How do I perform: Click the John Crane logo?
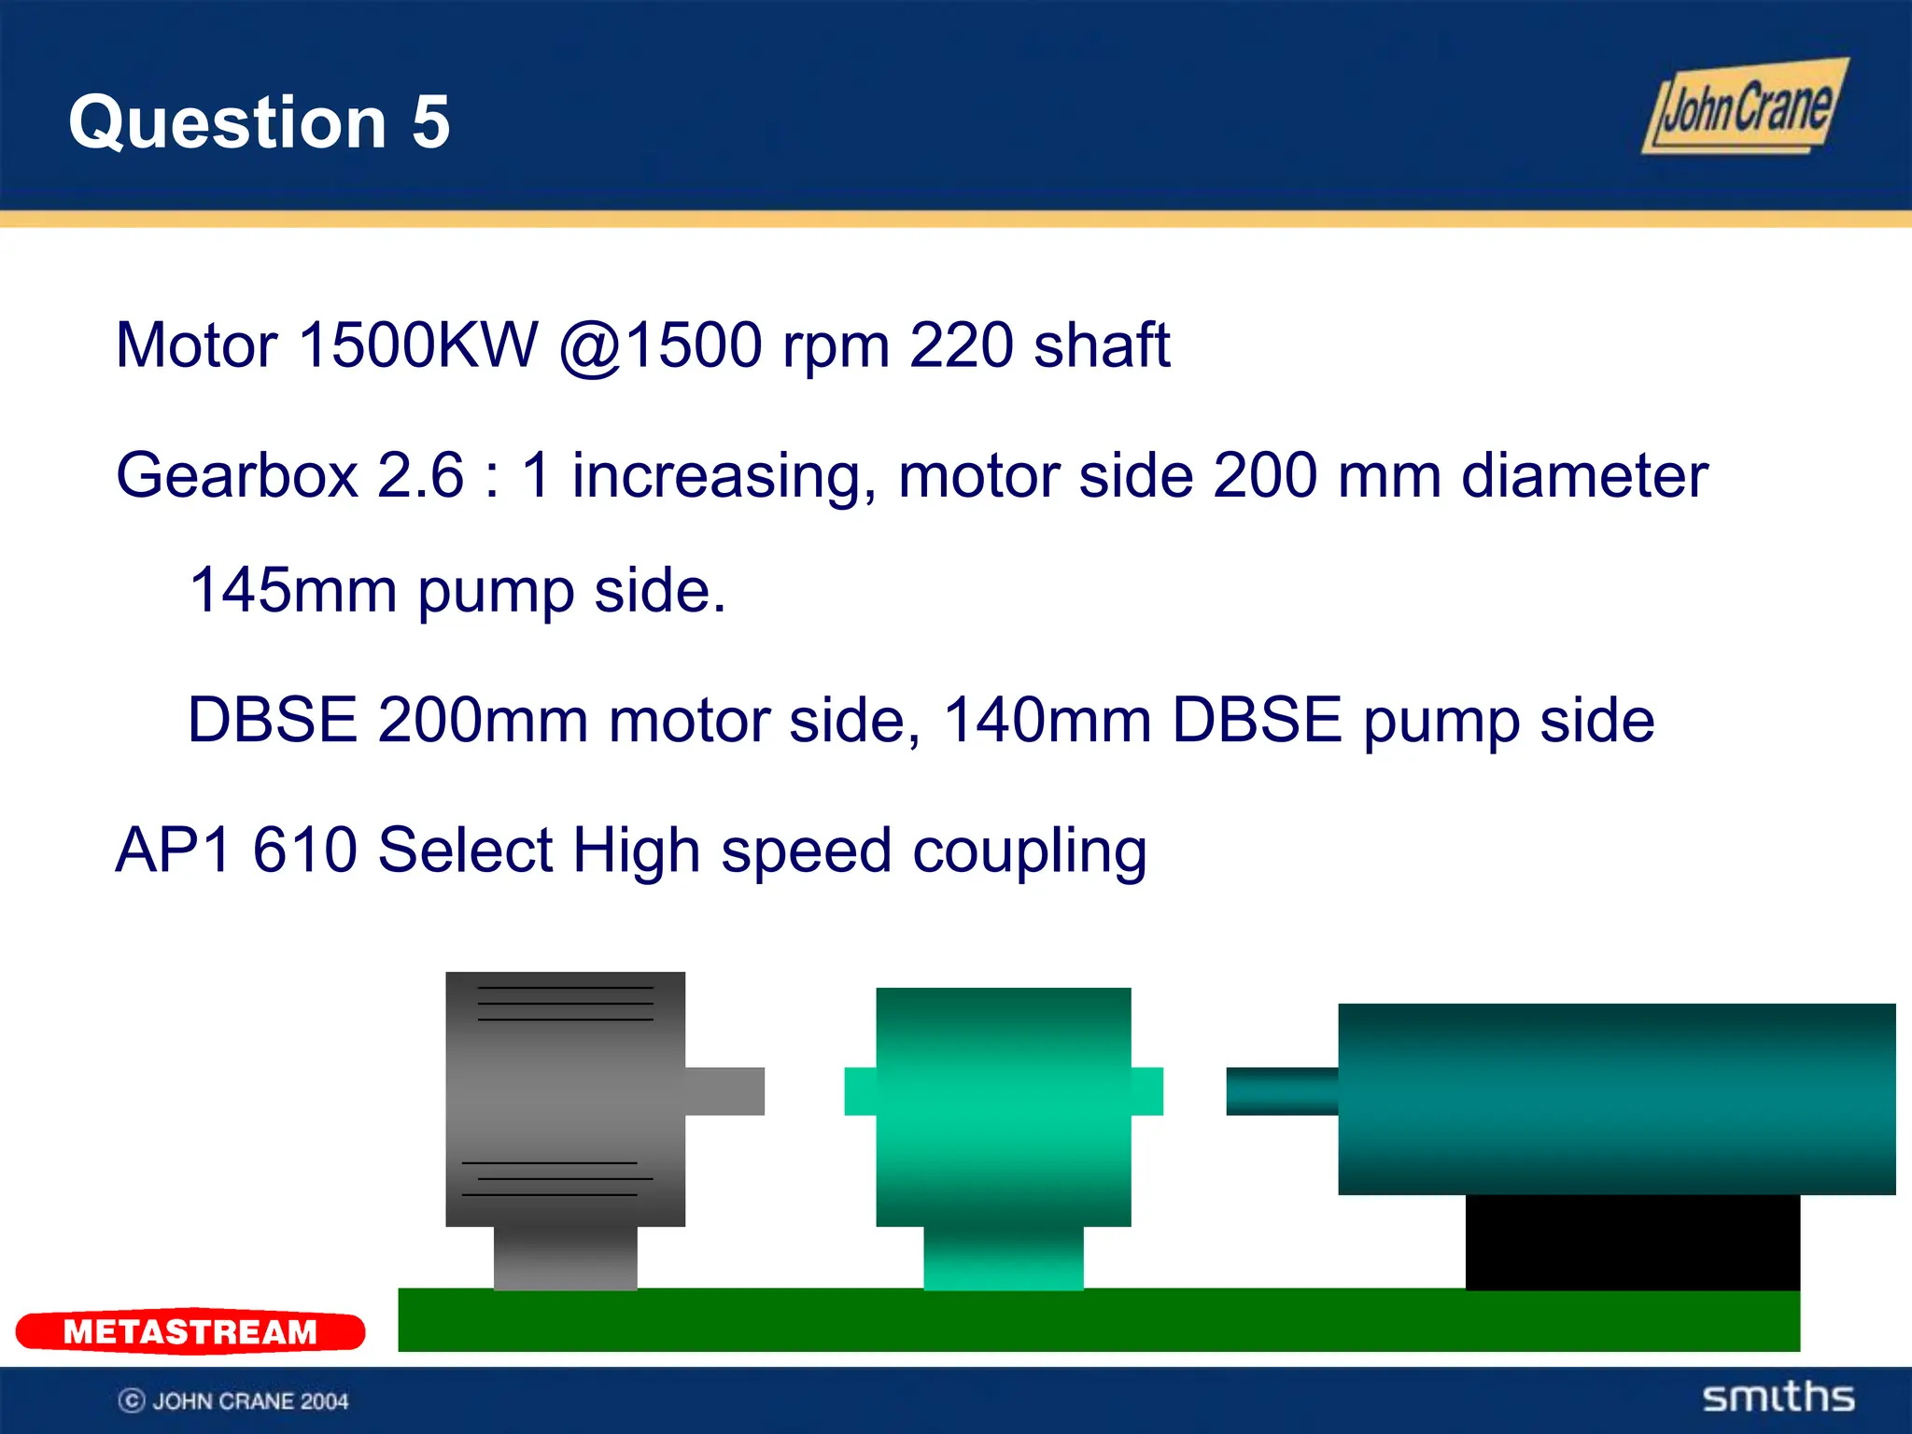click(1744, 107)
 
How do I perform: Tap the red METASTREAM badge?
click(190, 1331)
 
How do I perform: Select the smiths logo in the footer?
click(1778, 1398)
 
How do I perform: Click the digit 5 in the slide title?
click(430, 122)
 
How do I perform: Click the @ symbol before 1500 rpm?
click(590, 347)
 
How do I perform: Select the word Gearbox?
click(237, 476)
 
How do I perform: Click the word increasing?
click(723, 476)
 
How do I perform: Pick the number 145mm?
click(293, 590)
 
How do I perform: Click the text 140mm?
click(1047, 721)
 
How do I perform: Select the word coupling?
click(1029, 851)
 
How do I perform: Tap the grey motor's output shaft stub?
click(724, 1090)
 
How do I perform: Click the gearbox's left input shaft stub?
click(860, 1090)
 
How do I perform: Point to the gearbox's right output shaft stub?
click(1147, 1090)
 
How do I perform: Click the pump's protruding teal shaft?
click(1281, 1090)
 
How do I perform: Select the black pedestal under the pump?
click(1632, 1242)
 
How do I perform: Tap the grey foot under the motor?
click(565, 1258)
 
